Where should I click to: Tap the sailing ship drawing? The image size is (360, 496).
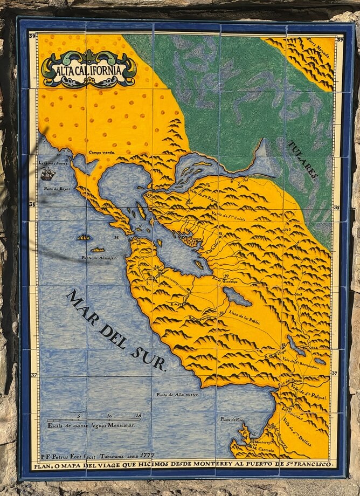[x=48, y=174]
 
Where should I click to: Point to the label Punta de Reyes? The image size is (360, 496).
[x=57, y=189]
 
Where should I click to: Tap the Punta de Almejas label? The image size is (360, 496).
[x=98, y=258]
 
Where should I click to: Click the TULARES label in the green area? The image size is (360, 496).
[x=303, y=161]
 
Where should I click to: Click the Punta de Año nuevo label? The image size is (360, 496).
[x=177, y=395]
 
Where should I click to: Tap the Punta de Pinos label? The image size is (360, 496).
[x=233, y=419]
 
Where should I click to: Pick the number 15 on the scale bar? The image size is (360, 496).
[x=139, y=416]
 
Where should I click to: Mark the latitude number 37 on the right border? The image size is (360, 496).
[x=334, y=374]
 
